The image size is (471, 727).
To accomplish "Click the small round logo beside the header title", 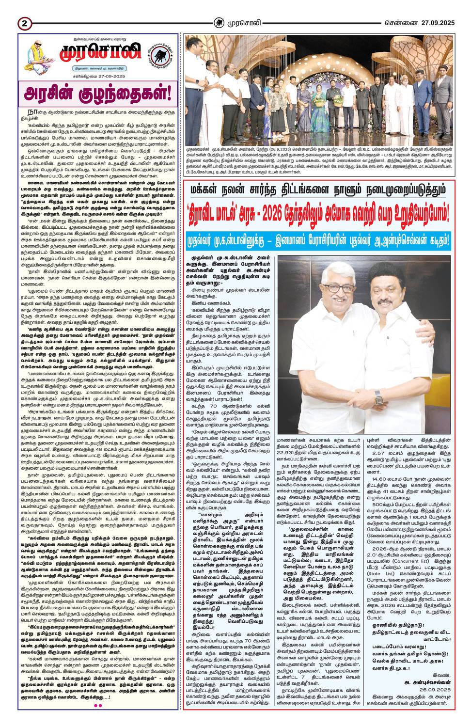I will [220, 22].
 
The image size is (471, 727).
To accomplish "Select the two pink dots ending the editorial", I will [97, 705].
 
